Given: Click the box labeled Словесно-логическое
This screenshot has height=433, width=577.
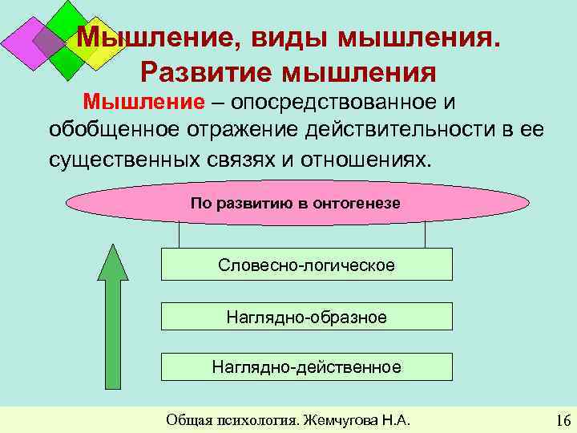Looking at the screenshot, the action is tap(307, 264).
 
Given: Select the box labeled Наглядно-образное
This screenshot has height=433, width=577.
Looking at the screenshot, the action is tap(307, 317).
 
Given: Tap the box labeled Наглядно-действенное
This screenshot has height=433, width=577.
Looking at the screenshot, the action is tap(307, 367).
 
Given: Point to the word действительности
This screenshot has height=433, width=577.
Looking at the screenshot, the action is tap(406, 129).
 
